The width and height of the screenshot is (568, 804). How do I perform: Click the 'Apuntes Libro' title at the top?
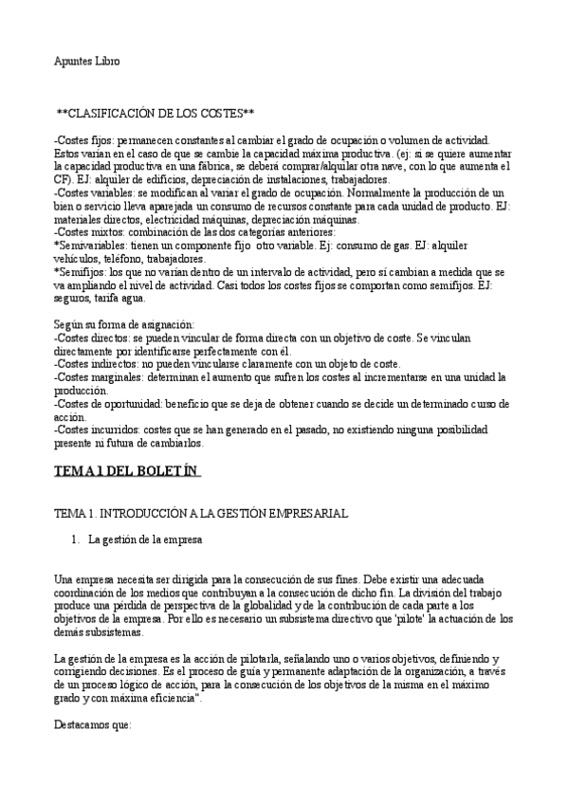[86, 62]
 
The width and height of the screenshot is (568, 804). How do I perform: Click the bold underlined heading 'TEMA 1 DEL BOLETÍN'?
[127, 471]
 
